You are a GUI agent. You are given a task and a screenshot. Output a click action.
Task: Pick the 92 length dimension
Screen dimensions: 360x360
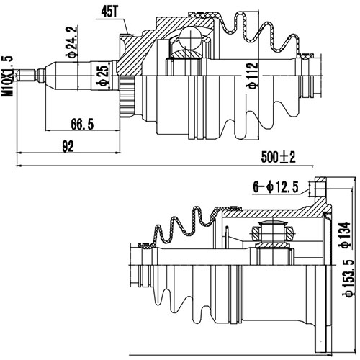(68, 146)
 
